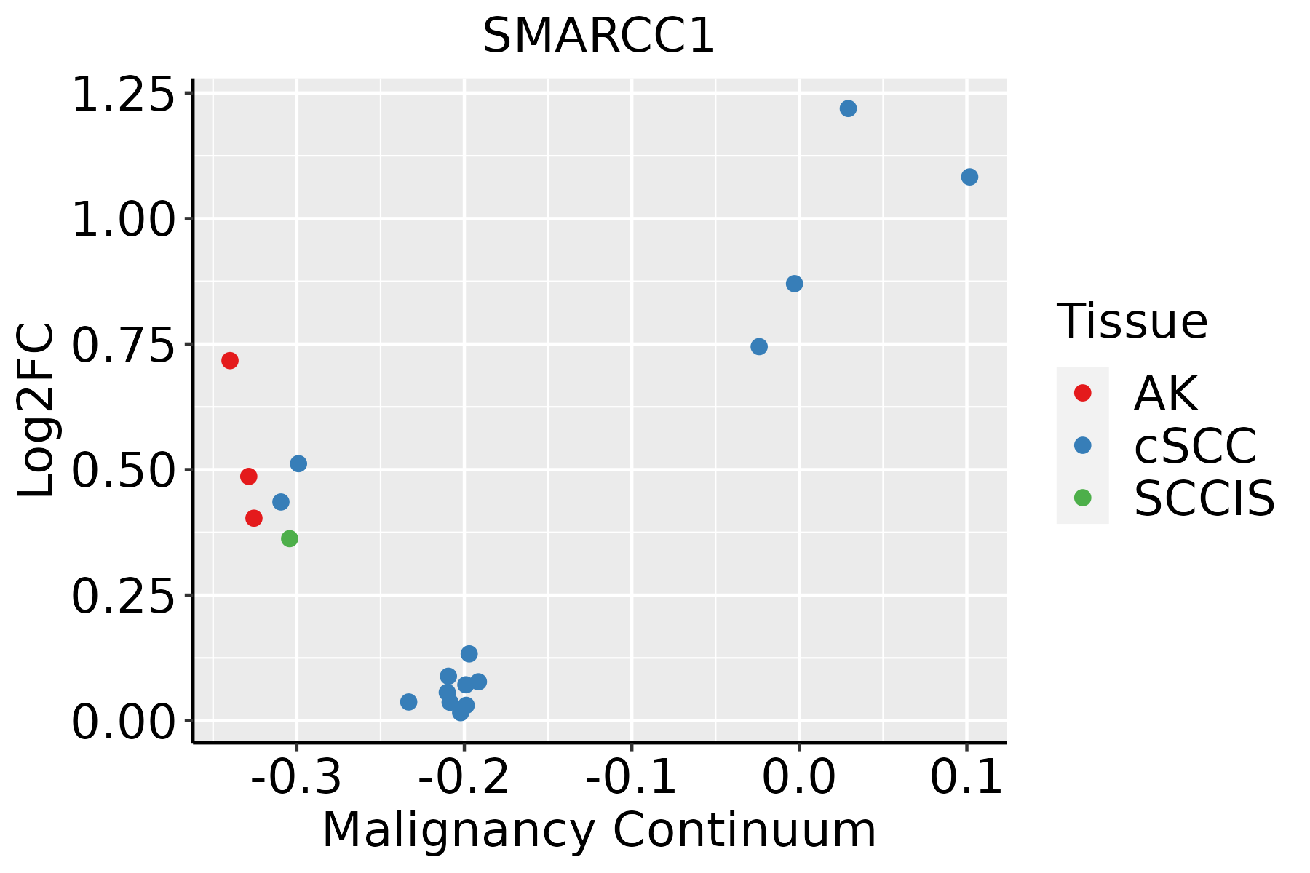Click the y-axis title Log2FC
click(36, 411)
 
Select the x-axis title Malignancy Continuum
click(599, 830)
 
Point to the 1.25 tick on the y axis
click(124, 95)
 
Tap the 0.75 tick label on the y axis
click(124, 346)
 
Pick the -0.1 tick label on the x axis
click(631, 778)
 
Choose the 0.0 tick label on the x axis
click(798, 778)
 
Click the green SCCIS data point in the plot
click(290, 538)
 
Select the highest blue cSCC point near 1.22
click(848, 108)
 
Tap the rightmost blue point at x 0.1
click(969, 177)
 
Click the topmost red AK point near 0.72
click(230, 360)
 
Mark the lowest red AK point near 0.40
click(254, 518)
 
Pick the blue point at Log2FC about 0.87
click(795, 283)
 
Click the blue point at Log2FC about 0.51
click(298, 463)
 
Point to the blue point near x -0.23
click(408, 701)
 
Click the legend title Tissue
click(1132, 321)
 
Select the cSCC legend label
click(1195, 445)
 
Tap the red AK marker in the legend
click(1082, 393)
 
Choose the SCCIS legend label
click(1204, 498)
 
